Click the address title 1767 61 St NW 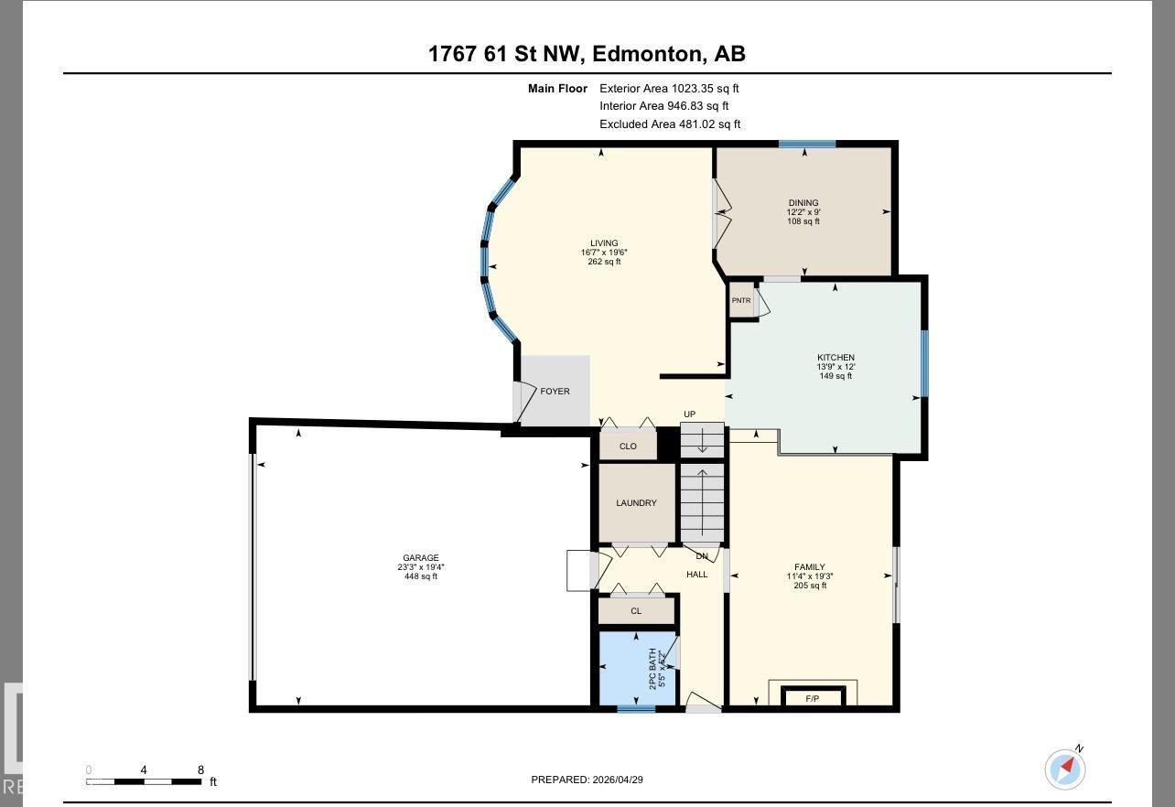click(587, 54)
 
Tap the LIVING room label click(604, 243)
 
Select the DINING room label click(803, 203)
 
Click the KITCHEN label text click(835, 358)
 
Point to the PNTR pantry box click(740, 301)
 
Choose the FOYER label click(555, 392)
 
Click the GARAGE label click(421, 558)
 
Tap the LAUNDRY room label click(636, 503)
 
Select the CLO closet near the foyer click(628, 447)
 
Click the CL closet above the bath click(636, 611)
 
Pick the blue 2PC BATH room click(637, 669)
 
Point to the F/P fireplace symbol click(812, 699)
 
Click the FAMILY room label click(810, 567)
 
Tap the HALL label click(697, 575)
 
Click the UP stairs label click(689, 414)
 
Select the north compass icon click(1065, 769)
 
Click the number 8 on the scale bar click(200, 770)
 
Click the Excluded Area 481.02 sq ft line click(670, 124)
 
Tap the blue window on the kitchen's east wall click(924, 363)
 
